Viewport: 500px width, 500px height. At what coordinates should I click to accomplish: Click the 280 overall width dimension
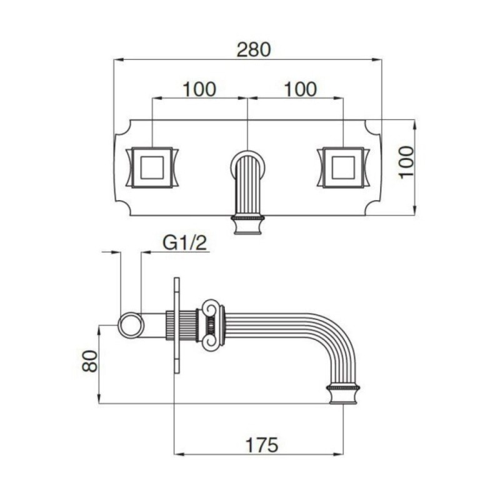click(x=254, y=49)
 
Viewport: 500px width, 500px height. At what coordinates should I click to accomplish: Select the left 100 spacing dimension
click(x=199, y=89)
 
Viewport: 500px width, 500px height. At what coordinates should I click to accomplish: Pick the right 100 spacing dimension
click(x=300, y=89)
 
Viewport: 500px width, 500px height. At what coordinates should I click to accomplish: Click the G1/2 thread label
click(x=185, y=243)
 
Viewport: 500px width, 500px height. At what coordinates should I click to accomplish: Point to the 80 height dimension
click(x=89, y=361)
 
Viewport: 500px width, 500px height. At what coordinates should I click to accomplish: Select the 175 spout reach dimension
click(x=261, y=445)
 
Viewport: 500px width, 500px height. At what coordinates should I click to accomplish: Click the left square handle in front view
click(x=152, y=167)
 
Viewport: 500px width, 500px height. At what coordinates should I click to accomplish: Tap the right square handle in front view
click(x=343, y=167)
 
